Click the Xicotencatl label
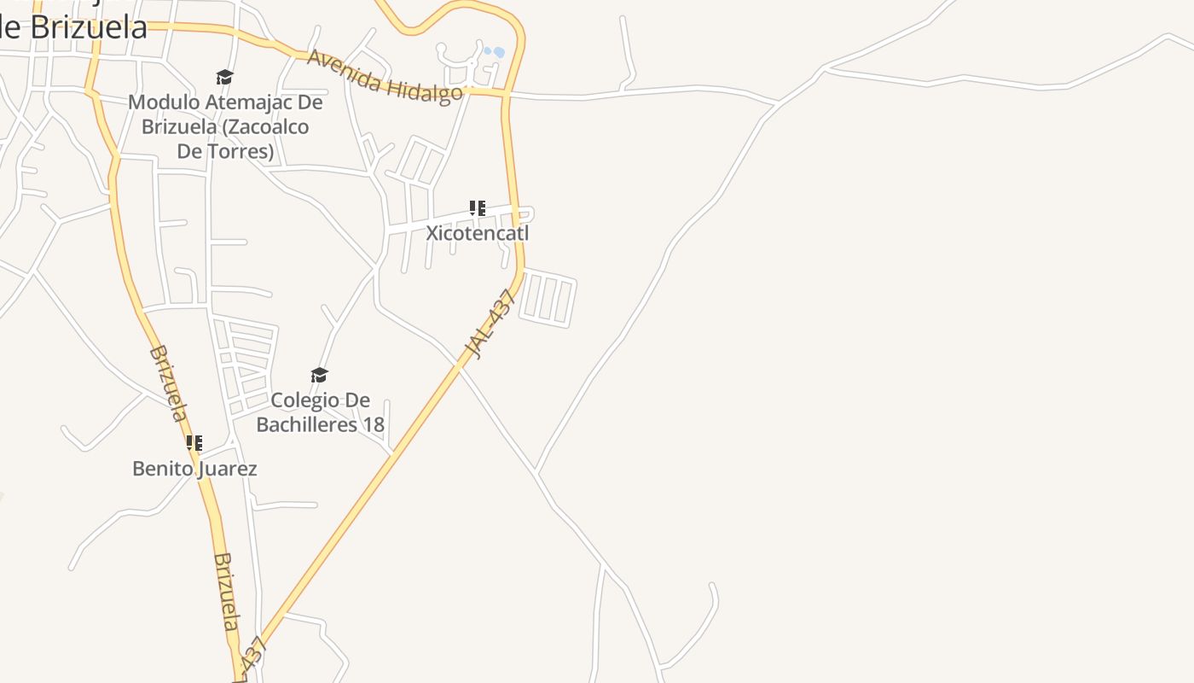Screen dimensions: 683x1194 click(478, 233)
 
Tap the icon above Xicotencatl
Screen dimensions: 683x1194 click(478, 207)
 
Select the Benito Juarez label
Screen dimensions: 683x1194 click(194, 469)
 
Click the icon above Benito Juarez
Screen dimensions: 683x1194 click(194, 443)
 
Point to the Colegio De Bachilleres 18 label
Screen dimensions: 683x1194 click(320, 412)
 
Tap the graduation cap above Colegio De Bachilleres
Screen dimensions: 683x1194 click(320, 376)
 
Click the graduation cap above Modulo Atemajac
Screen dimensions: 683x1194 click(224, 78)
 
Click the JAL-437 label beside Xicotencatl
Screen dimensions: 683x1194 click(491, 324)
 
